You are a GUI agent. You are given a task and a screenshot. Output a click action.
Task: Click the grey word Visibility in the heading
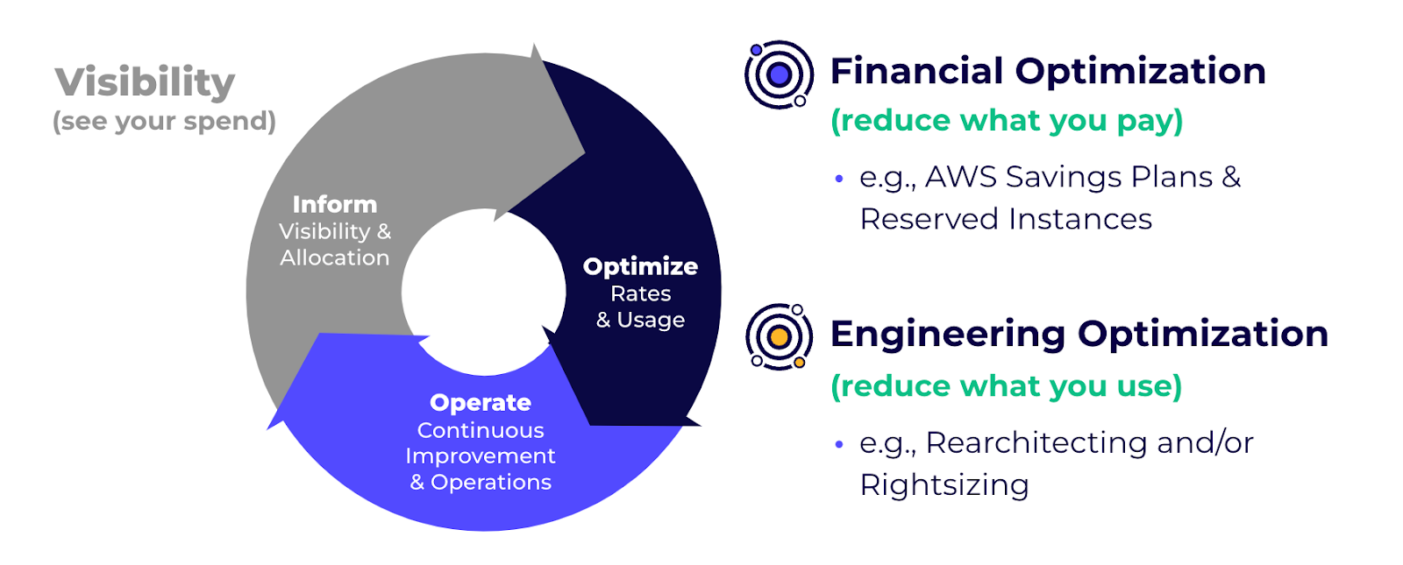click(x=145, y=82)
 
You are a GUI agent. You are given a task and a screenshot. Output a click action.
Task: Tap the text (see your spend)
click(x=164, y=121)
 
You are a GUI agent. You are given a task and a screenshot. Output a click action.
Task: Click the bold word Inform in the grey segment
click(x=335, y=205)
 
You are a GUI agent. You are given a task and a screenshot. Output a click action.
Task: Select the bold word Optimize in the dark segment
click(x=640, y=267)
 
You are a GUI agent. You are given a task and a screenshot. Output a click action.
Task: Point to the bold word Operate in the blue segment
click(x=481, y=403)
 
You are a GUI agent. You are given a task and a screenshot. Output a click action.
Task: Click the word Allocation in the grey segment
click(x=335, y=258)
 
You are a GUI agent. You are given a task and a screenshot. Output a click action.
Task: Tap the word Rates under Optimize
click(x=641, y=293)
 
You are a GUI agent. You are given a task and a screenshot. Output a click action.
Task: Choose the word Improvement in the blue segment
click(x=481, y=456)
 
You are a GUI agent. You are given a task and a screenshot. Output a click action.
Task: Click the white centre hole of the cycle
click(x=483, y=292)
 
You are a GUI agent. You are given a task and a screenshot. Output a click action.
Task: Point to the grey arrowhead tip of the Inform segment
click(x=585, y=152)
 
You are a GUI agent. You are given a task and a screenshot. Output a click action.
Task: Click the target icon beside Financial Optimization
click(x=780, y=74)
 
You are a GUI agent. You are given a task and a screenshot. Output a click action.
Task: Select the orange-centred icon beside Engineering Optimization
click(x=780, y=337)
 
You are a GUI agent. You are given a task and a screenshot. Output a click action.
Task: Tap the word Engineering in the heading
click(x=948, y=335)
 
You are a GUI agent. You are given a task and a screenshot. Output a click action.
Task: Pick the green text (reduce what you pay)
click(x=1008, y=121)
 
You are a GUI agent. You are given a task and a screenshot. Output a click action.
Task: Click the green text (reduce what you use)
click(x=1007, y=386)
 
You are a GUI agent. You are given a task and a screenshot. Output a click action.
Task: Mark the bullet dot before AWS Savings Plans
click(x=839, y=179)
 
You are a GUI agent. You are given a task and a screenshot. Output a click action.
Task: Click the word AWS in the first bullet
click(x=961, y=177)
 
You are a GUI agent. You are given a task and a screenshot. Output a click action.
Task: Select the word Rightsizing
click(x=944, y=485)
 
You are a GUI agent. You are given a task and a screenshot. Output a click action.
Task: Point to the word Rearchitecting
click(x=1036, y=443)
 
